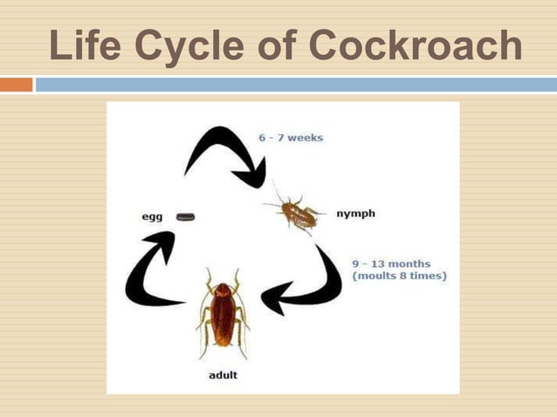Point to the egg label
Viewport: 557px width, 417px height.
pos(153,216)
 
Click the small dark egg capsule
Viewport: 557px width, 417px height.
pos(185,216)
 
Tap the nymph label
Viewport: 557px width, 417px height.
pos(355,213)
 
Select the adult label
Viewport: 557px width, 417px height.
pos(223,375)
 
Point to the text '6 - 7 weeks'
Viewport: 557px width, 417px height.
pos(291,138)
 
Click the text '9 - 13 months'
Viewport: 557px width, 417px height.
pos(391,263)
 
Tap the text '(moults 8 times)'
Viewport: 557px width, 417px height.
pos(399,276)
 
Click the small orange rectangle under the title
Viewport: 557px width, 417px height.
pos(16,85)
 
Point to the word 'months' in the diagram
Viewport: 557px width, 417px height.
pos(409,263)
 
